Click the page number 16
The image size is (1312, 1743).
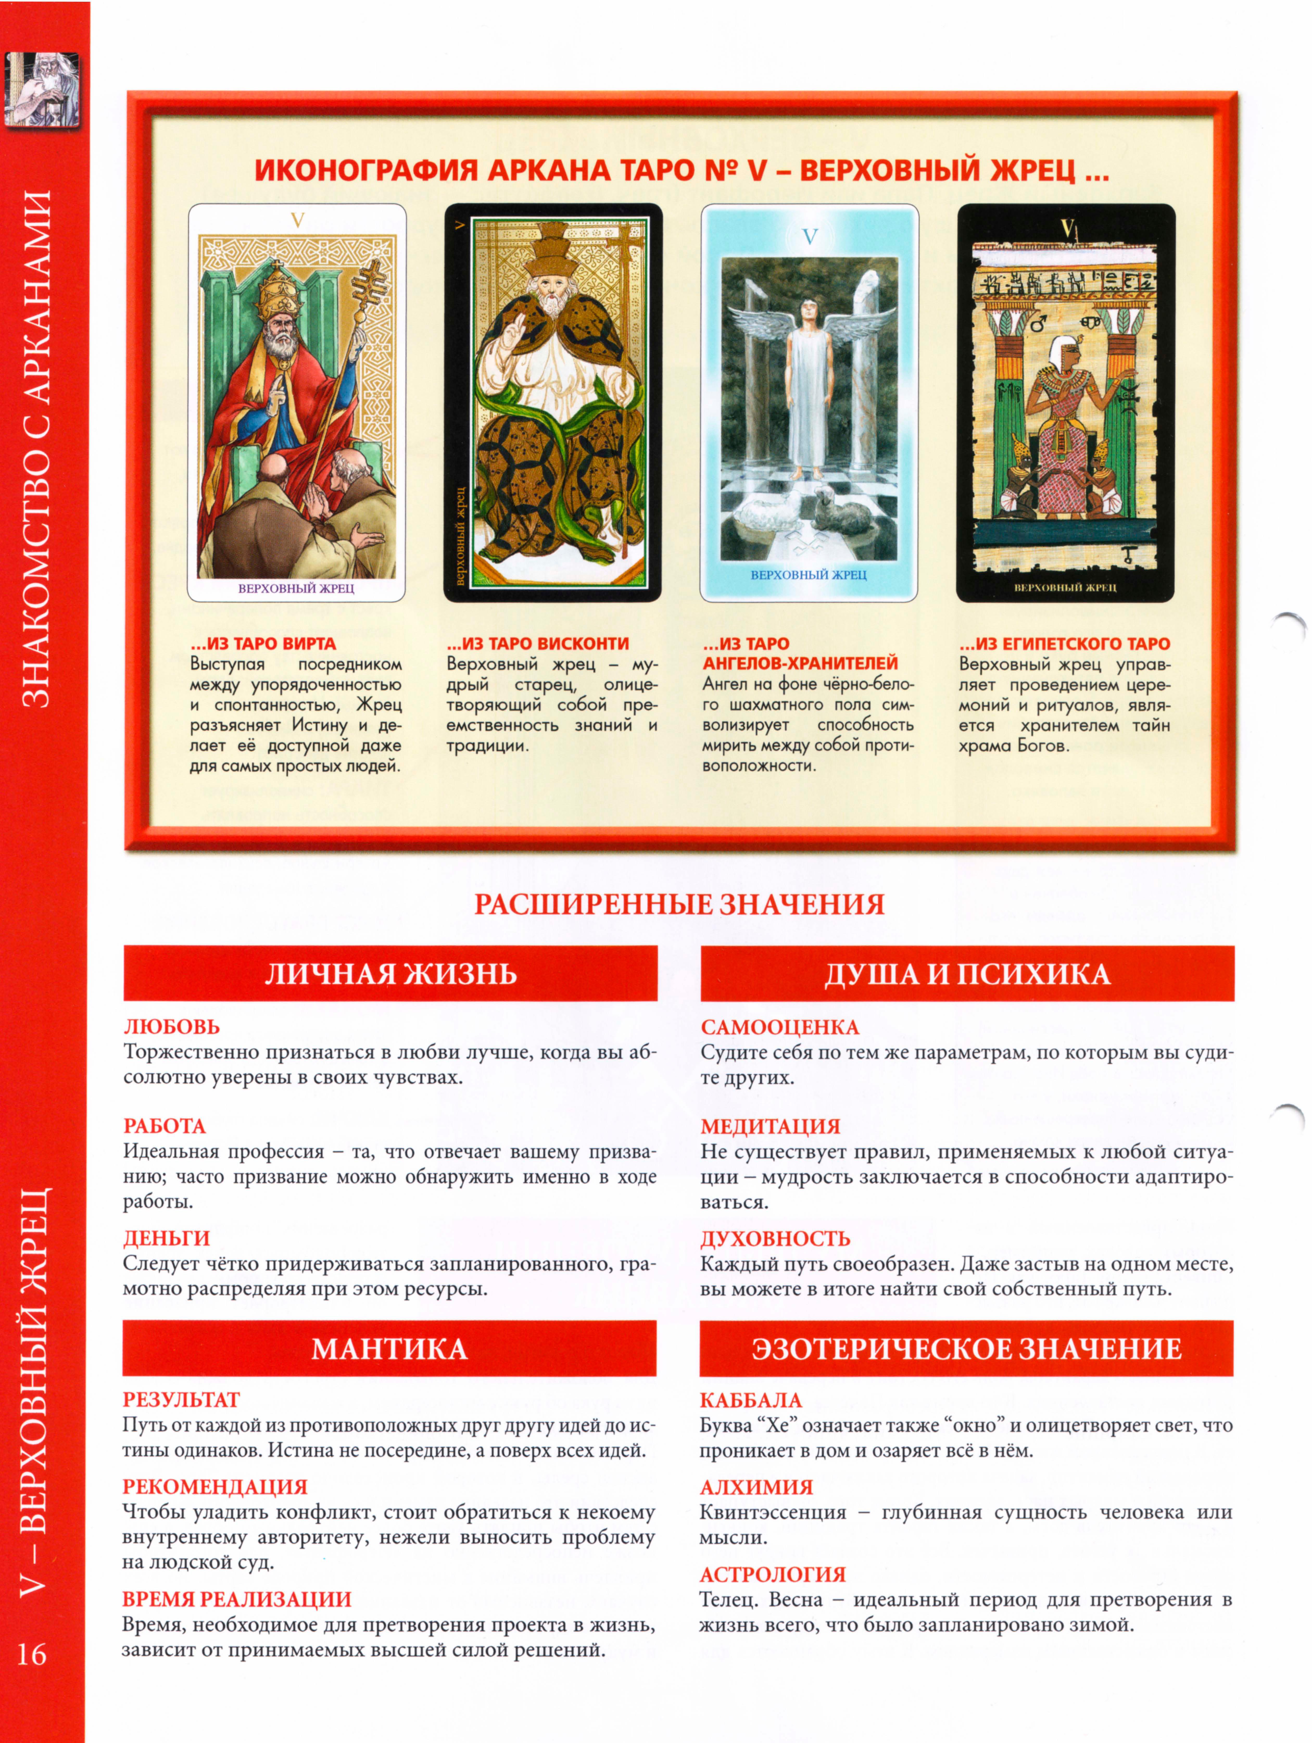[x=32, y=1652]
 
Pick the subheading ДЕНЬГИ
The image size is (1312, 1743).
[x=166, y=1238]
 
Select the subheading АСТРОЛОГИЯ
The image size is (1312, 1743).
[x=772, y=1574]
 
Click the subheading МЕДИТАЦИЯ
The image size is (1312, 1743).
[x=770, y=1126]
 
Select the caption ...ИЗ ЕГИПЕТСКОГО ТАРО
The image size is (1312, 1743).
[x=1064, y=644]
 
